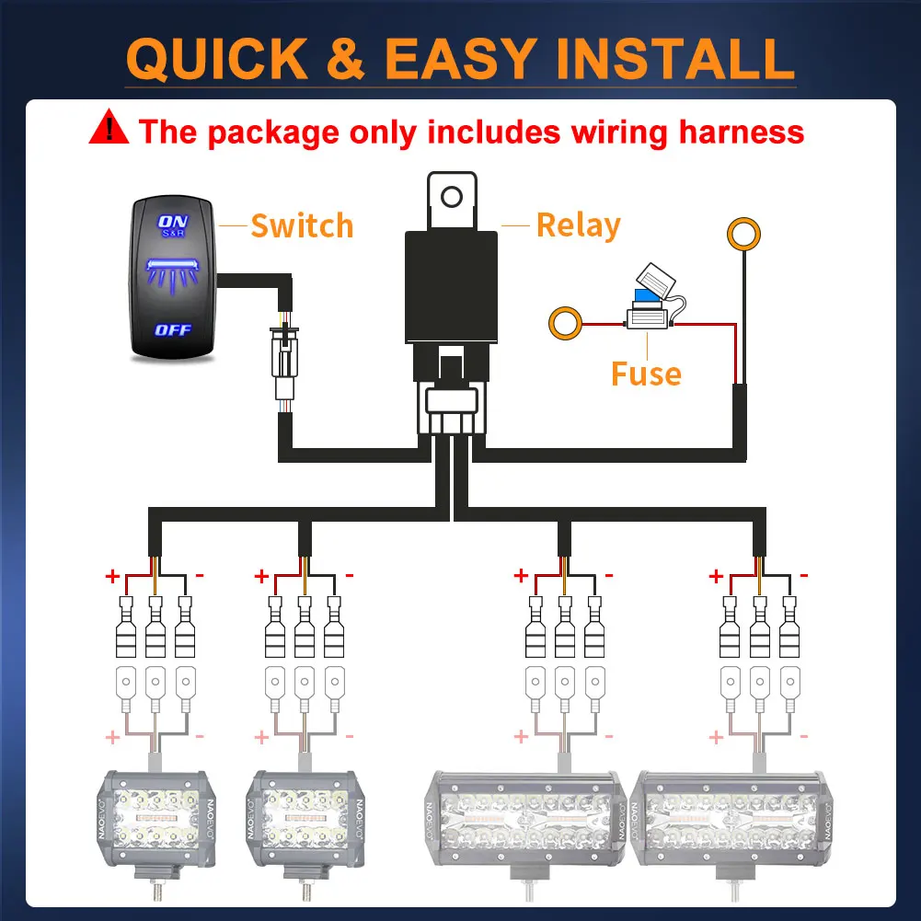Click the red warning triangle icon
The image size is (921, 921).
click(x=109, y=129)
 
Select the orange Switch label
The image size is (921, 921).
click(x=302, y=225)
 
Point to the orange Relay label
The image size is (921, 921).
click(x=578, y=225)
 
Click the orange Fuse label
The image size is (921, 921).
click(x=646, y=374)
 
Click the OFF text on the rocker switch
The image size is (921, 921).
click(x=173, y=328)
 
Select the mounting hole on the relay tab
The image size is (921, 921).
click(x=451, y=196)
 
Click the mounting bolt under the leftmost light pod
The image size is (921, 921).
click(x=153, y=892)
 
